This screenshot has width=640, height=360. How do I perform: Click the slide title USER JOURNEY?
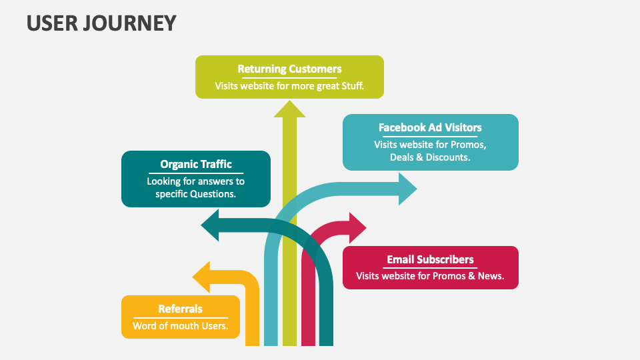[x=101, y=23]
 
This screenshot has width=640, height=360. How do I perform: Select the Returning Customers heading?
[x=289, y=69]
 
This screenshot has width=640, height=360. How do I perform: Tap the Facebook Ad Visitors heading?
[x=430, y=127]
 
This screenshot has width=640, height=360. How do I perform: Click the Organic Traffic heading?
[x=196, y=164]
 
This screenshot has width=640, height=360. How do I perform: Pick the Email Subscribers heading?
[x=430, y=259]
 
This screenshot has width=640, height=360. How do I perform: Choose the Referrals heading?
[x=180, y=309]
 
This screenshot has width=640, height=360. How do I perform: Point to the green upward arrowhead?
[x=289, y=109]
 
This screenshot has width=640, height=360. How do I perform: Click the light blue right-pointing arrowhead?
[x=407, y=189]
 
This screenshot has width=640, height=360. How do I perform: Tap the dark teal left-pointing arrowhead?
[x=212, y=225]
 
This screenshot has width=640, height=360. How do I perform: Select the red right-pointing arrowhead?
[x=357, y=228]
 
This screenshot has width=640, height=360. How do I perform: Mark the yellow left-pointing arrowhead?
[x=202, y=277]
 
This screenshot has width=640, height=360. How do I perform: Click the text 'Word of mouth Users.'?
[x=180, y=326]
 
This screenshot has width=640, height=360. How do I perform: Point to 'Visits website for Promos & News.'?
[x=430, y=275]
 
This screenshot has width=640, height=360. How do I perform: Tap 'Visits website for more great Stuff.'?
[x=289, y=86]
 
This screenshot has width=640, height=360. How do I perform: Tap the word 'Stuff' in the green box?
[x=349, y=86]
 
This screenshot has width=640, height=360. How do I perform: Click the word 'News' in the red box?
[x=489, y=275]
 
